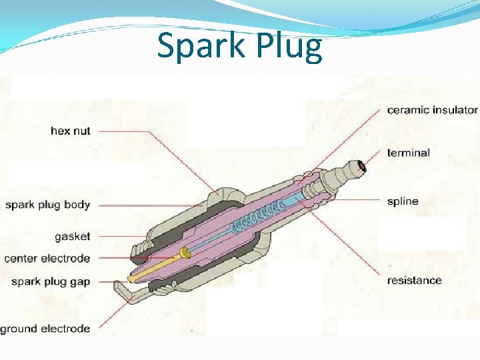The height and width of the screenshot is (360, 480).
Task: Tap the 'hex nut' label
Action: pyautogui.click(x=70, y=131)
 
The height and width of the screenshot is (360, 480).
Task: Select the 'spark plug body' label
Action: pyautogui.click(x=47, y=205)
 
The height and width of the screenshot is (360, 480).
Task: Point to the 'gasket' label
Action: pyautogui.click(x=73, y=236)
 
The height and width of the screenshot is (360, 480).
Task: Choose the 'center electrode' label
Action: pyautogui.click(x=47, y=258)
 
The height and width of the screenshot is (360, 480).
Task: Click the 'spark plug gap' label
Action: pyautogui.click(x=51, y=281)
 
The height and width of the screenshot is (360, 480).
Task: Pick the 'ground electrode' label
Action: pyautogui.click(x=45, y=329)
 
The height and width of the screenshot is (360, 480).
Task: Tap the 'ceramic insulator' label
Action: pyautogui.click(x=432, y=110)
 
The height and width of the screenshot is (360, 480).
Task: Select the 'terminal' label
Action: pyautogui.click(x=408, y=153)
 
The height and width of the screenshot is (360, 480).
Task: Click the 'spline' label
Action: pyautogui.click(x=403, y=201)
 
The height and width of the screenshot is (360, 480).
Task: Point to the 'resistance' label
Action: pyautogui.click(x=414, y=280)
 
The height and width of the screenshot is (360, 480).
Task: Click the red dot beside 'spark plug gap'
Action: pyautogui.click(x=115, y=281)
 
